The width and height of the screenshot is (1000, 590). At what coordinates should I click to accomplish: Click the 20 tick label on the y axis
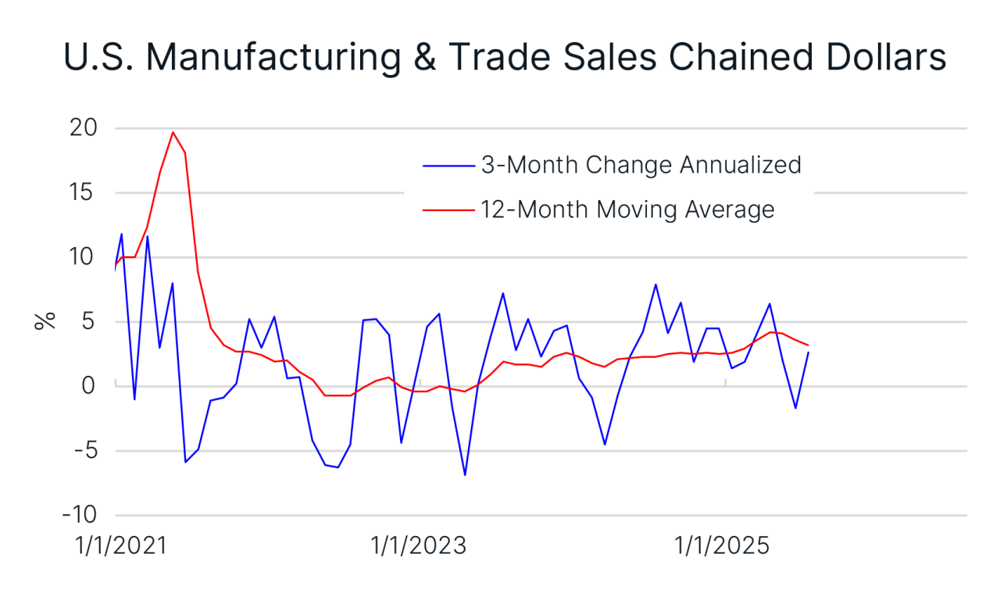tap(85, 127)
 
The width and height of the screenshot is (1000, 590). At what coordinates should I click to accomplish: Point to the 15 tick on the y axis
tap(86, 192)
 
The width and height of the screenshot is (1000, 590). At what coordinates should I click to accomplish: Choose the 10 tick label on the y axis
tap(86, 257)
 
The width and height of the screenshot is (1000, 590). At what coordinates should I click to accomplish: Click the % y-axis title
tap(45, 320)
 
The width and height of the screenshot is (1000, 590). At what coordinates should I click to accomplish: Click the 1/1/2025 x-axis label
tap(722, 545)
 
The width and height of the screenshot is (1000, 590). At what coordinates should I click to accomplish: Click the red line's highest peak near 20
tap(173, 132)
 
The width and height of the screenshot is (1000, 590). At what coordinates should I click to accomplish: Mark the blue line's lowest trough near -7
tap(465, 474)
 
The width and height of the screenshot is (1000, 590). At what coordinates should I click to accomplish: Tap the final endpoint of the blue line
tap(808, 352)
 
